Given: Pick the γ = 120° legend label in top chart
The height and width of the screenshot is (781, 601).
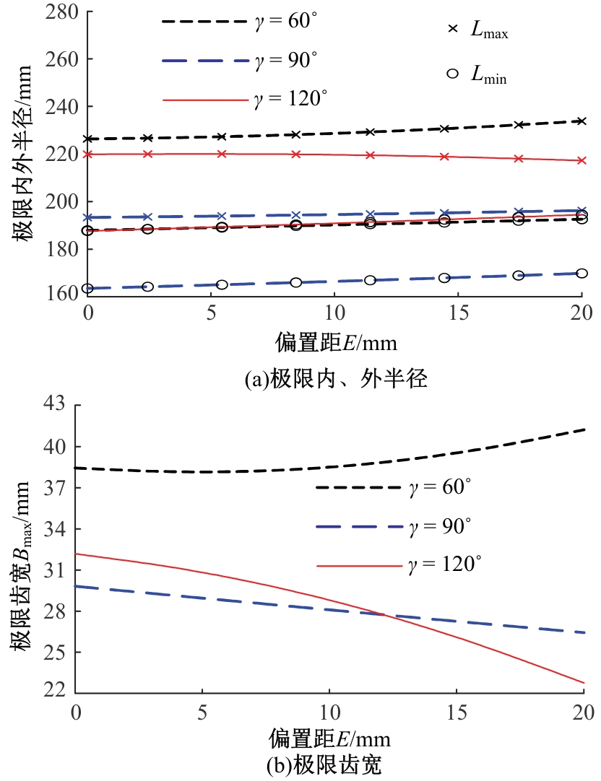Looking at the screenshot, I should pyautogui.click(x=293, y=99).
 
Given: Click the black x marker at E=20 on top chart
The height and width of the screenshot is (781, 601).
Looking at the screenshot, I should pyautogui.click(x=581, y=121).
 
